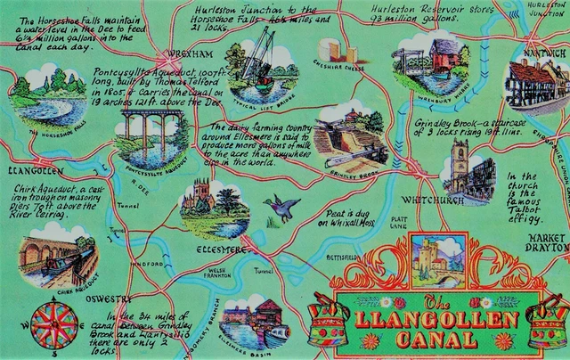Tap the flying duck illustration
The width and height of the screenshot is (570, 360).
click(282, 208)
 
